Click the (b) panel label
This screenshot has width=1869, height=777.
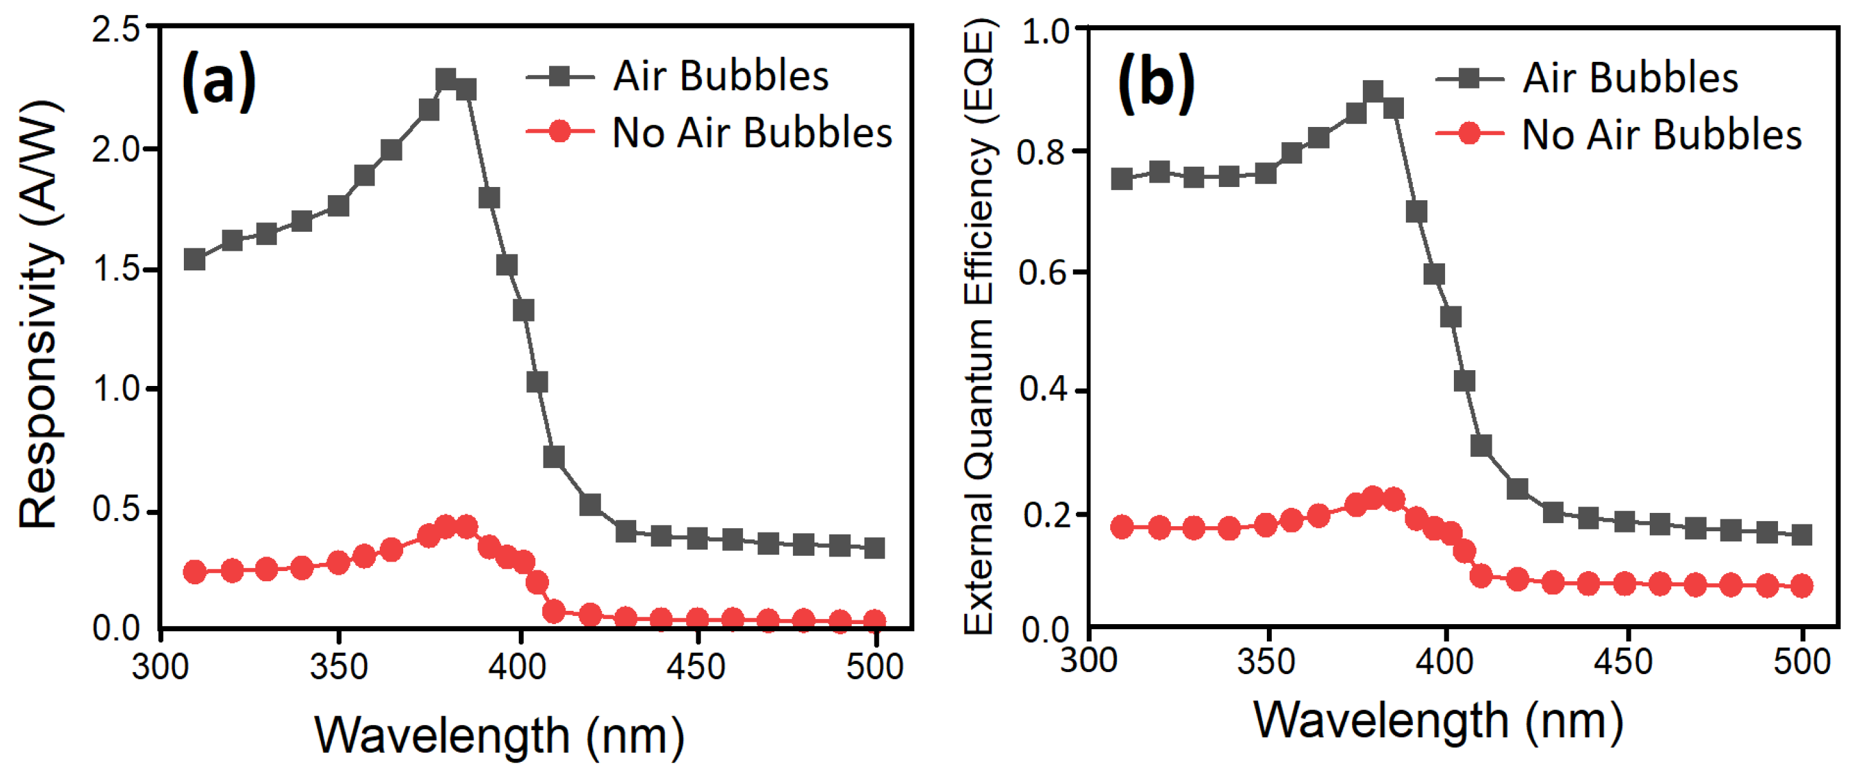point(1156,83)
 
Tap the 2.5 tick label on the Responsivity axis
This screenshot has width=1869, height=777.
point(116,30)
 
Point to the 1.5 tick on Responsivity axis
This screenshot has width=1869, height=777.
point(116,269)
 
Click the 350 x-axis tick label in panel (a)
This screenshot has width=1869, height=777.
point(338,666)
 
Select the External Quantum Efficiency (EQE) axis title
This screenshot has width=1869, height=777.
point(979,327)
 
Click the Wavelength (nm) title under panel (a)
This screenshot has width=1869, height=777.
point(499,736)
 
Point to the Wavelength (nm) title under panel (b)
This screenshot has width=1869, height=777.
point(1439,720)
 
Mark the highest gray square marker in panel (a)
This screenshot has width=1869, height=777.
point(446,80)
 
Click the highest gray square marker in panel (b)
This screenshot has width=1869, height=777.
point(1373,92)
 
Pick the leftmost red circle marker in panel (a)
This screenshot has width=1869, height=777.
point(195,572)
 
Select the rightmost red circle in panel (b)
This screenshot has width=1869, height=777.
point(1802,586)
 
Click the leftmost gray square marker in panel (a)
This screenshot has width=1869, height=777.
point(195,259)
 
